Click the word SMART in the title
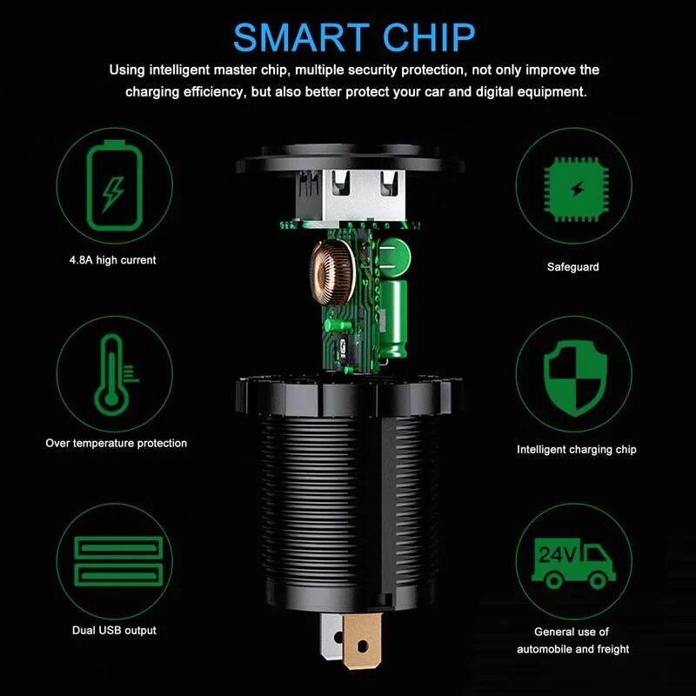point(301,37)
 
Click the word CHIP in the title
point(429,37)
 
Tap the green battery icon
point(115,185)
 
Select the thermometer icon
point(115,375)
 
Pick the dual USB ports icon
point(118,561)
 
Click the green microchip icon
point(576,189)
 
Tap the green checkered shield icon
point(575,378)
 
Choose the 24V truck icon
point(573,564)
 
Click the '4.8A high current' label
point(113,260)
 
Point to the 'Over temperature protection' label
point(117,443)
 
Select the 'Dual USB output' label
point(114,630)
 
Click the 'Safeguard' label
point(573,267)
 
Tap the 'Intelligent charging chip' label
point(577,449)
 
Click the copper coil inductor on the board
point(332,272)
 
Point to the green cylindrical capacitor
point(393,318)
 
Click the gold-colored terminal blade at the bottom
point(362,640)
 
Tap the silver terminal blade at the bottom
point(331,636)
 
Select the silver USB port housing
point(351,195)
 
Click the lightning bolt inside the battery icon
point(114,194)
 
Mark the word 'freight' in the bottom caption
point(613,649)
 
